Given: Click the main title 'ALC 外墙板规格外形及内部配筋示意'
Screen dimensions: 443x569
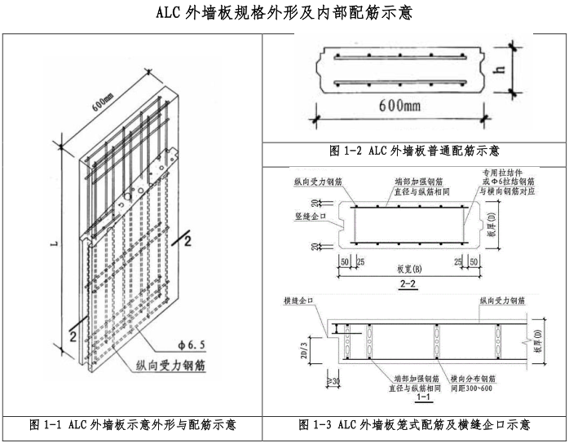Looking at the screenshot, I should pyautogui.click(x=284, y=13).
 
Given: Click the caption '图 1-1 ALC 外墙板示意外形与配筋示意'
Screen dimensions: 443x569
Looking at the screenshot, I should pyautogui.click(x=133, y=424).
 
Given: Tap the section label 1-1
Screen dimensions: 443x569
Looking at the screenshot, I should pyautogui.click(x=423, y=399).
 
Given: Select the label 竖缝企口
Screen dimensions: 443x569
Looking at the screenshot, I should pyautogui.click(x=309, y=217).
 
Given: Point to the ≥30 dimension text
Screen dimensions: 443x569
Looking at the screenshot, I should pyautogui.click(x=332, y=381).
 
